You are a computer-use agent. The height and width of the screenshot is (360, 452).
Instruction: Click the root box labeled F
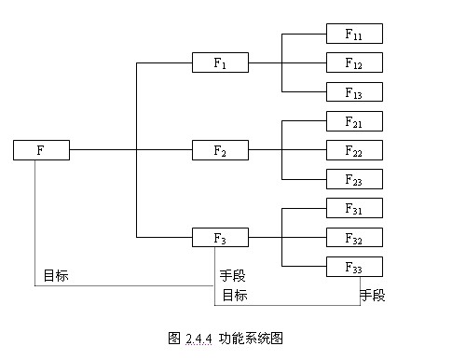click(42, 149)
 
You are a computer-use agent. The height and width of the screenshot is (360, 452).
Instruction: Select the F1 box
click(220, 63)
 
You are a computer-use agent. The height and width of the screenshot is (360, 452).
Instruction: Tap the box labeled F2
click(220, 149)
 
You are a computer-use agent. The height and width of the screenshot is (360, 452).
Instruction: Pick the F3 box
click(220, 237)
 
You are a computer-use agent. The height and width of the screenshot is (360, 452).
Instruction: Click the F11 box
click(354, 35)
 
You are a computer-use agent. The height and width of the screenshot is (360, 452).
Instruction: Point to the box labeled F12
click(354, 63)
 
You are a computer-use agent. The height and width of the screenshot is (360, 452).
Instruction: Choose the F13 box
click(354, 91)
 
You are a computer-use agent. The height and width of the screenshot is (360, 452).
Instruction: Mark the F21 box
click(354, 121)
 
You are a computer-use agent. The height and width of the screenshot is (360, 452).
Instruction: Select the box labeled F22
click(354, 150)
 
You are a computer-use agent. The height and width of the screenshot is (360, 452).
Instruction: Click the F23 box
click(354, 179)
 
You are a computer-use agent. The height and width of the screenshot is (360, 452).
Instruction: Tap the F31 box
click(354, 208)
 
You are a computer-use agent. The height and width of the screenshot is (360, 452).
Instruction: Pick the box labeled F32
click(354, 237)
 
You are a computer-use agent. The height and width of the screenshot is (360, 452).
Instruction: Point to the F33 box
click(354, 266)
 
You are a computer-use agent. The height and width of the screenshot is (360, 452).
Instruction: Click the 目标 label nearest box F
click(55, 276)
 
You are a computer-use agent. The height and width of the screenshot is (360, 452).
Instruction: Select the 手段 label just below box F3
click(232, 276)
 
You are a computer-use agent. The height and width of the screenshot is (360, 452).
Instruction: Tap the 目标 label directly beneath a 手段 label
click(234, 296)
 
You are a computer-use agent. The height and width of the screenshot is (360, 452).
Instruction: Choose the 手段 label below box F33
click(372, 296)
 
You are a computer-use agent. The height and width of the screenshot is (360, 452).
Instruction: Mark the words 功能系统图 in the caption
click(251, 338)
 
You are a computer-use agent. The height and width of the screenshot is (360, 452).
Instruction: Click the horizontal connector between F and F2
click(103, 149)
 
